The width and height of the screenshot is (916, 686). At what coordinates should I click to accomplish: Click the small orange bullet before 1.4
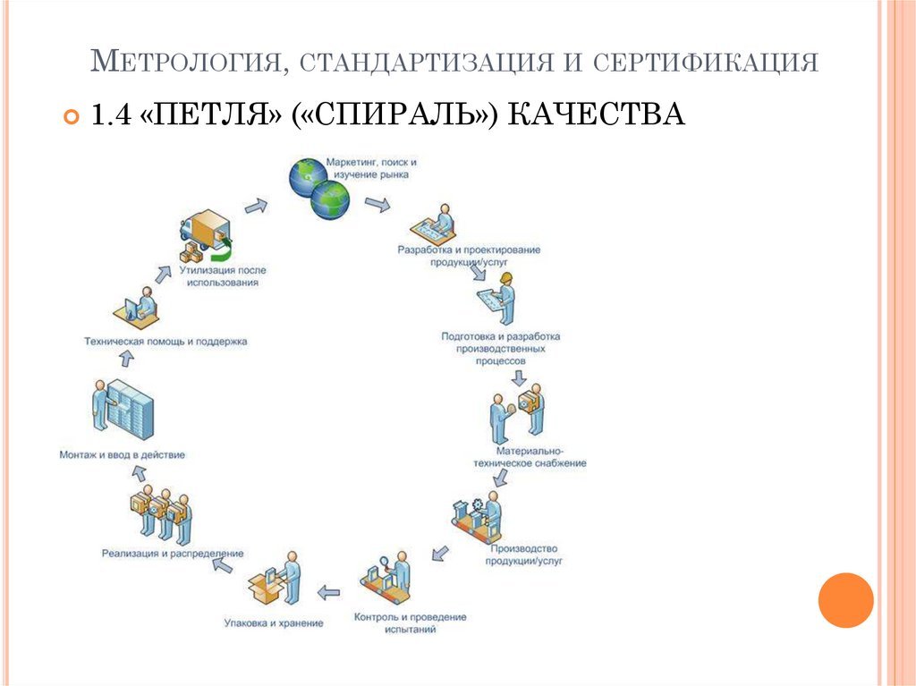[x=72, y=116]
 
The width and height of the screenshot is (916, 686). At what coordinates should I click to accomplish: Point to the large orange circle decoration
[x=845, y=599]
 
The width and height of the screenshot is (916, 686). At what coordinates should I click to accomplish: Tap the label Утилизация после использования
[x=223, y=275]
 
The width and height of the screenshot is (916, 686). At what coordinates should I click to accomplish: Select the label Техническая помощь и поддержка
[x=165, y=341]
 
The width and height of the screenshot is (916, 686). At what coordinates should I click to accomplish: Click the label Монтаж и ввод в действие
[x=122, y=454]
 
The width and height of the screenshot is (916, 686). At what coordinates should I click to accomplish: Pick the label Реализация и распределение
[x=172, y=554]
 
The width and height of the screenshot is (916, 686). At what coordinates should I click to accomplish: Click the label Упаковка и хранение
[x=274, y=622]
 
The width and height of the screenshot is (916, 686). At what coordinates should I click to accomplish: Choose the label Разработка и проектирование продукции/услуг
[x=469, y=256]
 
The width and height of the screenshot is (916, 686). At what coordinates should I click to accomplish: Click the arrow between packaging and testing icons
[x=329, y=591]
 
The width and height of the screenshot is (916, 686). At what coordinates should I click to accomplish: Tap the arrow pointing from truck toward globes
[x=256, y=206]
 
